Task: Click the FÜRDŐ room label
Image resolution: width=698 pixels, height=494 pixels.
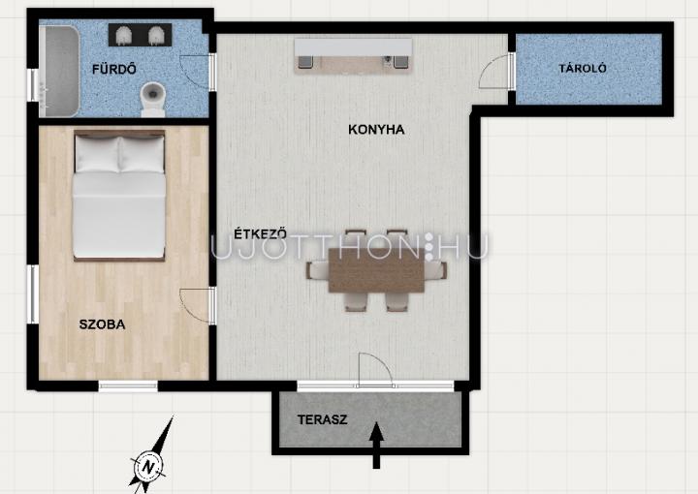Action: coord(114,69)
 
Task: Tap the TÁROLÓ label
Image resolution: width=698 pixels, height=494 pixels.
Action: coord(583,68)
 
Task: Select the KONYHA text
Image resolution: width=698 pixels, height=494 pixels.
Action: coord(376,130)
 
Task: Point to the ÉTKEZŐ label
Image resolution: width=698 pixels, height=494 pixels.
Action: coord(261,233)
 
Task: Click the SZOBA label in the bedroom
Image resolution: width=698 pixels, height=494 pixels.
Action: coord(102,324)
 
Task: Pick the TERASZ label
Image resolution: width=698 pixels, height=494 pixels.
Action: coord(322,419)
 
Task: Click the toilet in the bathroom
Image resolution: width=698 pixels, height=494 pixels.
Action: coord(153,99)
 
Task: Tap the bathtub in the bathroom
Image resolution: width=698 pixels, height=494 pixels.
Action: coord(59,71)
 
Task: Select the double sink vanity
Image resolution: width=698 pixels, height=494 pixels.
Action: coord(141,35)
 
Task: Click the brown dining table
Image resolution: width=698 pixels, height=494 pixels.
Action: coord(376,270)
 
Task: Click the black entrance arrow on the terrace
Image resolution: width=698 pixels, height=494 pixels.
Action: coord(376,445)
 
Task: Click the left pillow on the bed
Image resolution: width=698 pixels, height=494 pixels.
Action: coord(97,154)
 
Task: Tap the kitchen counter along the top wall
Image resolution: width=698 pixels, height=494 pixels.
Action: coord(354,54)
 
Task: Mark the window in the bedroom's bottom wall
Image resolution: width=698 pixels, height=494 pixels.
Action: coord(128,386)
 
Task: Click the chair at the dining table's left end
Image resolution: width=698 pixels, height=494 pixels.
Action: coord(316,270)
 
